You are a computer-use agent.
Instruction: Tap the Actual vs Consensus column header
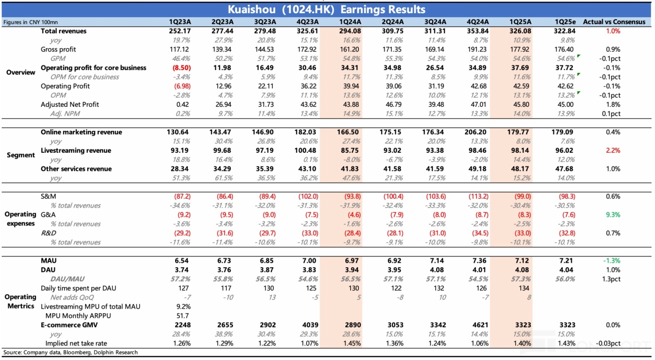point(614,22)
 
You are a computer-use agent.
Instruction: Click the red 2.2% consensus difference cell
point(613,150)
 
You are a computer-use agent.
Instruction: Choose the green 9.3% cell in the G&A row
point(613,215)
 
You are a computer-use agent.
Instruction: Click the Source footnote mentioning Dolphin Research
point(71,352)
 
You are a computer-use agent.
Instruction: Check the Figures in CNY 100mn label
point(30,22)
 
